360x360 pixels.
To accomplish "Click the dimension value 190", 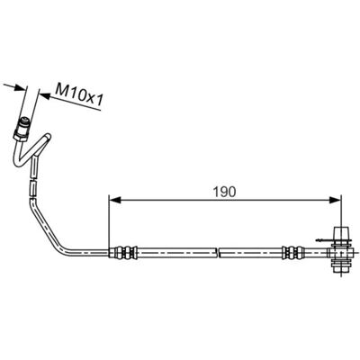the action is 224,192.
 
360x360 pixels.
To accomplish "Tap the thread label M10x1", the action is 79,93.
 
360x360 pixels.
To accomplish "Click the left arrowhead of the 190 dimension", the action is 114,200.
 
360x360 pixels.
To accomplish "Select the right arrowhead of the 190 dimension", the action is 335,200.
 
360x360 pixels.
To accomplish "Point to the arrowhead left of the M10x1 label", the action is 45,95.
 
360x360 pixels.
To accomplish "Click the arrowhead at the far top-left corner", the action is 21,87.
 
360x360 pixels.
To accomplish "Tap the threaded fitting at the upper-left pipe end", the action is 24,123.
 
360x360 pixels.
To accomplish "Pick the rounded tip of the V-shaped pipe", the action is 48,137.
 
